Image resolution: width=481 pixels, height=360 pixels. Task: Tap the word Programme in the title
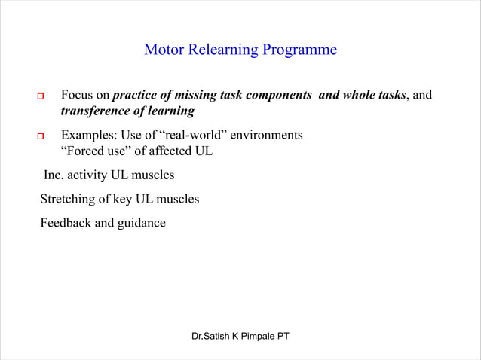(x=299, y=50)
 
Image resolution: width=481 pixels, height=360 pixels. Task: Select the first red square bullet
(x=41, y=96)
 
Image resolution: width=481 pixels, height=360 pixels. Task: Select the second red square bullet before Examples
(x=41, y=136)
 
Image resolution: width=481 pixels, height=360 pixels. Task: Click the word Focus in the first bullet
(x=77, y=96)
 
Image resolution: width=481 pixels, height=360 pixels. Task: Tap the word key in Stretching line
(x=122, y=200)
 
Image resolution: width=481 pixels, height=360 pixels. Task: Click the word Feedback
(x=65, y=224)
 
